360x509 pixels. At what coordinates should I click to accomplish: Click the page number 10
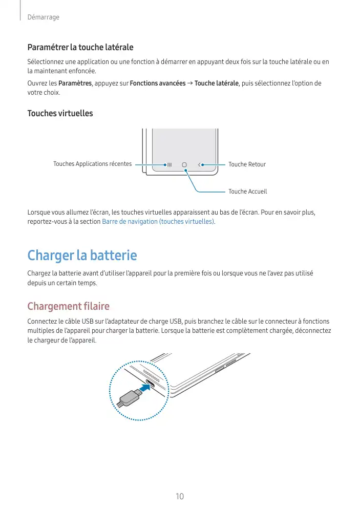click(x=180, y=496)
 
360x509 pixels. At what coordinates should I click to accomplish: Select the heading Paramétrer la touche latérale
click(x=80, y=47)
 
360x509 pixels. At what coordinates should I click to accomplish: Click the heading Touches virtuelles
click(x=60, y=113)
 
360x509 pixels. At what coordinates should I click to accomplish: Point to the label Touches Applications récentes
click(x=92, y=164)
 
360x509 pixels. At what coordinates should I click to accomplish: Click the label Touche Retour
click(x=247, y=164)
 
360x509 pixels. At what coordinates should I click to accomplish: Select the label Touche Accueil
click(x=247, y=192)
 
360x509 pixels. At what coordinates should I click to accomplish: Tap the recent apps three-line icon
click(x=169, y=165)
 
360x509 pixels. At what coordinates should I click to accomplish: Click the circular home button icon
click(x=184, y=165)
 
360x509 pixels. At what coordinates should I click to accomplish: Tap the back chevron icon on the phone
click(x=199, y=165)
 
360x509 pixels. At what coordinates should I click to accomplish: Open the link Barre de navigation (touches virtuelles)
click(x=159, y=222)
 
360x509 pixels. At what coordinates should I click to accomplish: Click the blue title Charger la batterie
click(x=82, y=254)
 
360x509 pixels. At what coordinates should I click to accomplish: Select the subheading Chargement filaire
click(x=68, y=306)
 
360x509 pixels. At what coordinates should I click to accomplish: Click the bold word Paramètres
click(x=75, y=83)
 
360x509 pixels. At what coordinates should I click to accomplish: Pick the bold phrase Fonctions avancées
click(x=158, y=83)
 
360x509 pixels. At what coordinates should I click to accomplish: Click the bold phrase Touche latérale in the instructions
click(x=217, y=83)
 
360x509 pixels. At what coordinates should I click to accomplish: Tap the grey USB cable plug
click(x=129, y=397)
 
